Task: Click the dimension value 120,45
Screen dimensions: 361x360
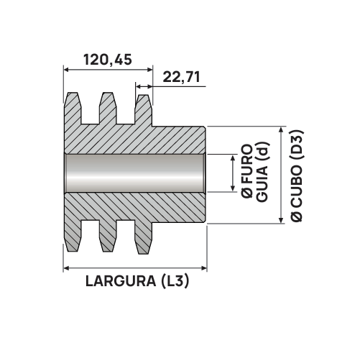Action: [108, 60]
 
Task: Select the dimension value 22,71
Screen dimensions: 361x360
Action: [181, 77]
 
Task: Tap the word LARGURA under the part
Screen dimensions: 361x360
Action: [117, 281]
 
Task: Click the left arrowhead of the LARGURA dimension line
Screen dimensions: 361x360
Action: [68, 267]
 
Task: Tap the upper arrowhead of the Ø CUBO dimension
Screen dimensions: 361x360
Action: [280, 128]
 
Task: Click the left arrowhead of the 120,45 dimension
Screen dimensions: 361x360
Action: [68, 70]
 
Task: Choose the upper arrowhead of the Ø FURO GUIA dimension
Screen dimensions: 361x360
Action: [232, 157]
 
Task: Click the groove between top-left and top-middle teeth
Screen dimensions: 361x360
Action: [90, 111]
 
